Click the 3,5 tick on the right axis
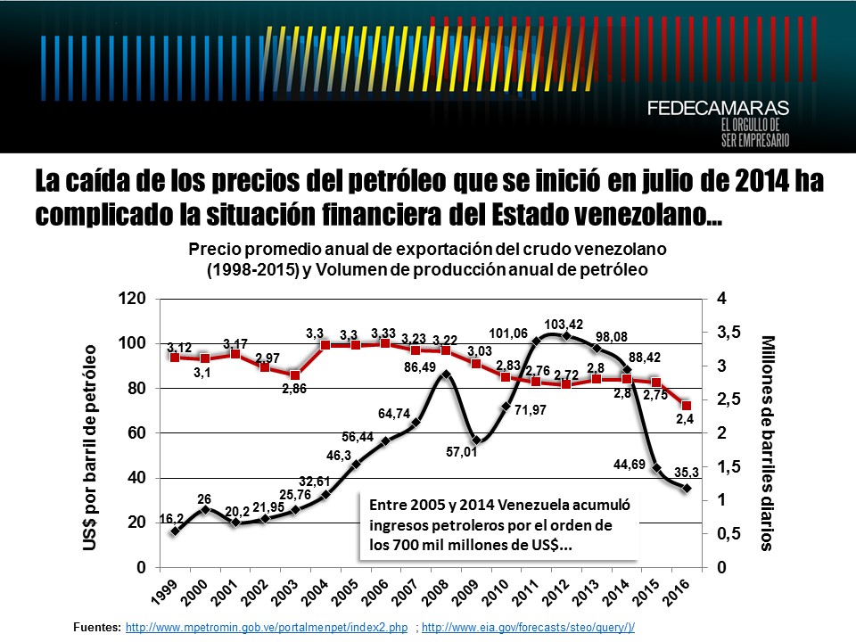729,333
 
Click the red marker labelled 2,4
687,406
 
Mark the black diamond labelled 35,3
687,488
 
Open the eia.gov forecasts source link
528,628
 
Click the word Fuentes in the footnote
96,628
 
